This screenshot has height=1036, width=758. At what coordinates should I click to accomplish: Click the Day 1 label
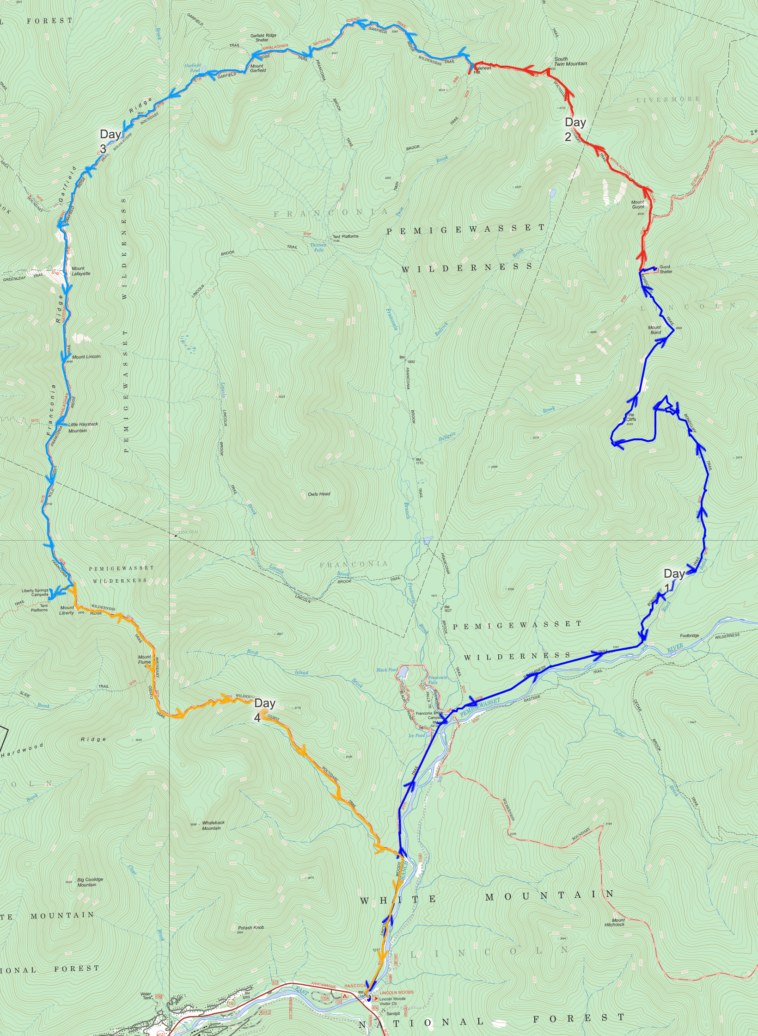(673, 580)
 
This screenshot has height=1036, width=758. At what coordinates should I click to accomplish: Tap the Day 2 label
(575, 129)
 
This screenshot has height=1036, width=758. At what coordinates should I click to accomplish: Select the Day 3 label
(110, 141)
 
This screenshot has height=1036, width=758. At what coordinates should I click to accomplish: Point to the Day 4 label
(264, 709)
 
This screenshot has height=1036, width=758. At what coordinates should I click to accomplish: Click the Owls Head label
(319, 494)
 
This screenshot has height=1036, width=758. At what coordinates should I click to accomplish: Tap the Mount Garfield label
(257, 68)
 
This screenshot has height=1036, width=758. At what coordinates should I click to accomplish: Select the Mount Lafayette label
(81, 271)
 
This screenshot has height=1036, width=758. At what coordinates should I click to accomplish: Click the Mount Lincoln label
(86, 357)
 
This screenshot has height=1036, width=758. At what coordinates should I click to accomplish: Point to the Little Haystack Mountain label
(83, 427)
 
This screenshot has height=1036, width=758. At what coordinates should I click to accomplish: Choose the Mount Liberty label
(67, 610)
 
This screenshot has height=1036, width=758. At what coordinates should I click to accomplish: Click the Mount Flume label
(144, 659)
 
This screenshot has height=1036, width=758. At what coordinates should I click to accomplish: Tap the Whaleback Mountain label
(213, 825)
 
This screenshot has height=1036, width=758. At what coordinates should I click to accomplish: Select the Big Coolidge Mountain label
(90, 882)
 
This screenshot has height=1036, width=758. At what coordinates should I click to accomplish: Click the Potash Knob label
(251, 927)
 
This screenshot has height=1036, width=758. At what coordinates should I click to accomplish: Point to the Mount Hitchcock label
(615, 922)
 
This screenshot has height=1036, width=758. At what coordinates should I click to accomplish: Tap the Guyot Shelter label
(666, 269)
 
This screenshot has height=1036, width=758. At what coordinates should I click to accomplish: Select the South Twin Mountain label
(570, 62)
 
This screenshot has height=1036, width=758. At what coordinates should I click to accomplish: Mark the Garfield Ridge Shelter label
(263, 37)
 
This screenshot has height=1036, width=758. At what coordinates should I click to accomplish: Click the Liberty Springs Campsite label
(35, 592)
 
